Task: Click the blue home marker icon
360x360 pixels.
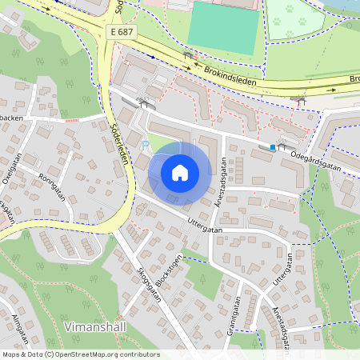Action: [x=180, y=172]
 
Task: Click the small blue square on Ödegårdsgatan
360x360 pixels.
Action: [x=273, y=147]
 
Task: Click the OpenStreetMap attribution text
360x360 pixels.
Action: [x=80, y=354]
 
